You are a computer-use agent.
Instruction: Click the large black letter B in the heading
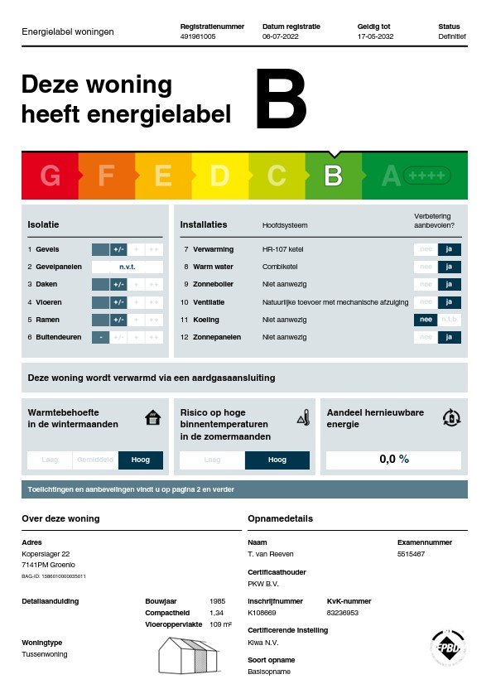pyautogui.click(x=281, y=100)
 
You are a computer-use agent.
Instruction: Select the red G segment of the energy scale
pyautogui.click(x=50, y=176)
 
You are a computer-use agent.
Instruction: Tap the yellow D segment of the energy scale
pyautogui.click(x=219, y=176)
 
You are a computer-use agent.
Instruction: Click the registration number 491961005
pyautogui.click(x=198, y=37)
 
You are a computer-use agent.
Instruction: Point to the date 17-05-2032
pyautogui.click(x=375, y=37)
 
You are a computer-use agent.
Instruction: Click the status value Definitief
pyautogui.click(x=452, y=37)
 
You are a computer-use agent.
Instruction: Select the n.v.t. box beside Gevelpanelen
pyautogui.click(x=127, y=267)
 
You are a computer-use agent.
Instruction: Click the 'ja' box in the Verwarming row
pyautogui.click(x=449, y=249)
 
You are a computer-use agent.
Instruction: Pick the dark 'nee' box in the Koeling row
pyautogui.click(x=426, y=320)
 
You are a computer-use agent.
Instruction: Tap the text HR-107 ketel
pyautogui.click(x=284, y=249)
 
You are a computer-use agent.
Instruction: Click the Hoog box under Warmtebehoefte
pyautogui.click(x=141, y=460)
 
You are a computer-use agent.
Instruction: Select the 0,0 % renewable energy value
pyautogui.click(x=393, y=460)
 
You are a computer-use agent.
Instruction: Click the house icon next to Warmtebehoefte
pyautogui.click(x=152, y=417)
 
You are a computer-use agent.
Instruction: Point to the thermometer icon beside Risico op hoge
pyautogui.click(x=303, y=417)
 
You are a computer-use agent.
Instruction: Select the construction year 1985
pyautogui.click(x=218, y=601)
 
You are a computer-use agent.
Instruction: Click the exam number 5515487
pyautogui.click(x=412, y=554)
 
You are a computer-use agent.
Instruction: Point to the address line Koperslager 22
pyautogui.click(x=46, y=554)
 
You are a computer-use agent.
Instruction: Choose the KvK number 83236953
pyautogui.click(x=344, y=613)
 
